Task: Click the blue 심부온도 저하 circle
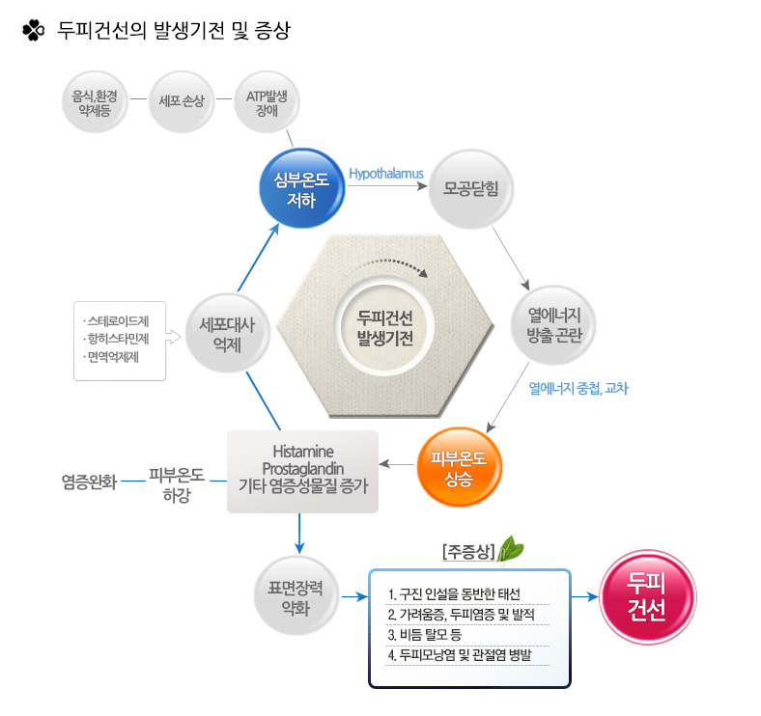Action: pos(302,189)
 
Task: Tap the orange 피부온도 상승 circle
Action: pos(459,467)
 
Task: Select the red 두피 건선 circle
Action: pos(647,596)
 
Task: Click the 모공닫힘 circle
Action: pos(470,189)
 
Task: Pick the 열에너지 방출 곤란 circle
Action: pos(553,324)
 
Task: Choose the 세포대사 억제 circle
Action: pos(227,334)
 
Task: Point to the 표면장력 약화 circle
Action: pos(296,596)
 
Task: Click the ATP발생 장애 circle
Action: pos(267,102)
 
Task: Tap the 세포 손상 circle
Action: pos(182,102)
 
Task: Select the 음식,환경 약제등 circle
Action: pos(95,102)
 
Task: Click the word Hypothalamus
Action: pos(386,174)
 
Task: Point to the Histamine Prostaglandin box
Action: pos(303,472)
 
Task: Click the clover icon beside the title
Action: pos(34,30)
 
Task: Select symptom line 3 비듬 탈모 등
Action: pos(424,635)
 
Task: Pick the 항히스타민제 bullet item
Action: pos(116,339)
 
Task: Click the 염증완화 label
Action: pos(89,482)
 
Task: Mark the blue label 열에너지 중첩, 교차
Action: pos(578,388)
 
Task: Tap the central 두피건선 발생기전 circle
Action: pos(384,326)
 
